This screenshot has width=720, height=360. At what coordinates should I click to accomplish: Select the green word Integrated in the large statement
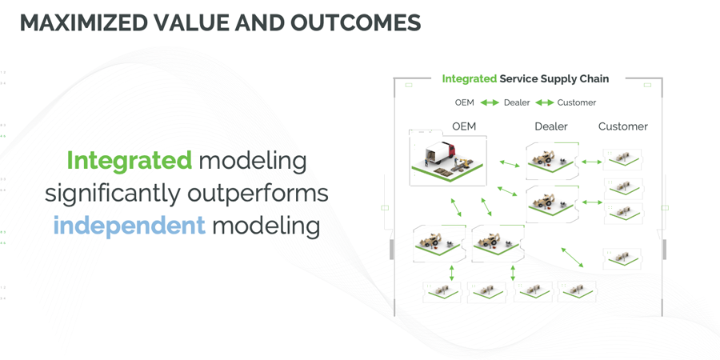(x=130, y=161)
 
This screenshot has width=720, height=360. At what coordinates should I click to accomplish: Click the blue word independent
(x=130, y=226)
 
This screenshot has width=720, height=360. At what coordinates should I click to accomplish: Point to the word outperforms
(x=258, y=194)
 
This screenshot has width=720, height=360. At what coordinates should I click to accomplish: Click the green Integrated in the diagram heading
(x=470, y=79)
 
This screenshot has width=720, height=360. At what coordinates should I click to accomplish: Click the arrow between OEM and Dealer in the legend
(x=490, y=103)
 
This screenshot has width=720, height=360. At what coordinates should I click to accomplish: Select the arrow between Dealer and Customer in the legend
(x=545, y=103)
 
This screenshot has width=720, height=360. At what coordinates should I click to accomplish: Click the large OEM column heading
(x=464, y=126)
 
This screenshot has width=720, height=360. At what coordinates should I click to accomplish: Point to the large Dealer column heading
(x=551, y=126)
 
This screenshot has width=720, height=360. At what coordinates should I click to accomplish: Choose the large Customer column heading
(x=623, y=126)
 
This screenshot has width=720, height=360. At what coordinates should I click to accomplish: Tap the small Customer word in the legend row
(x=577, y=103)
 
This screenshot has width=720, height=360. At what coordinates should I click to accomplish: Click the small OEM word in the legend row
(x=465, y=103)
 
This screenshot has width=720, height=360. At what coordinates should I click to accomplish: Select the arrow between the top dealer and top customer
(x=591, y=162)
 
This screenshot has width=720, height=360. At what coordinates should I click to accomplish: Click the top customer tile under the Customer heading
(x=622, y=160)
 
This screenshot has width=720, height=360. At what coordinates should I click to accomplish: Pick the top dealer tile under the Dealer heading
(x=552, y=161)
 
